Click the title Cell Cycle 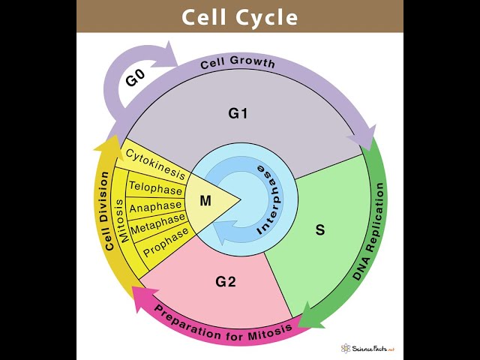coord(239,17)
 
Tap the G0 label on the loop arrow coord(136,77)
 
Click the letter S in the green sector coord(320,229)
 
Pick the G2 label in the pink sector coord(226,282)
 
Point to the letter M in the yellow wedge coord(205,200)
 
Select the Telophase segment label coord(156,187)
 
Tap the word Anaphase coord(156,206)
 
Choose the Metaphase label coord(157,223)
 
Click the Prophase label coord(166,242)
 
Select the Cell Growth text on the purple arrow coord(238,63)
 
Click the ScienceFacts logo coord(367,349)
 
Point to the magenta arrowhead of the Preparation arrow coord(142,295)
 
